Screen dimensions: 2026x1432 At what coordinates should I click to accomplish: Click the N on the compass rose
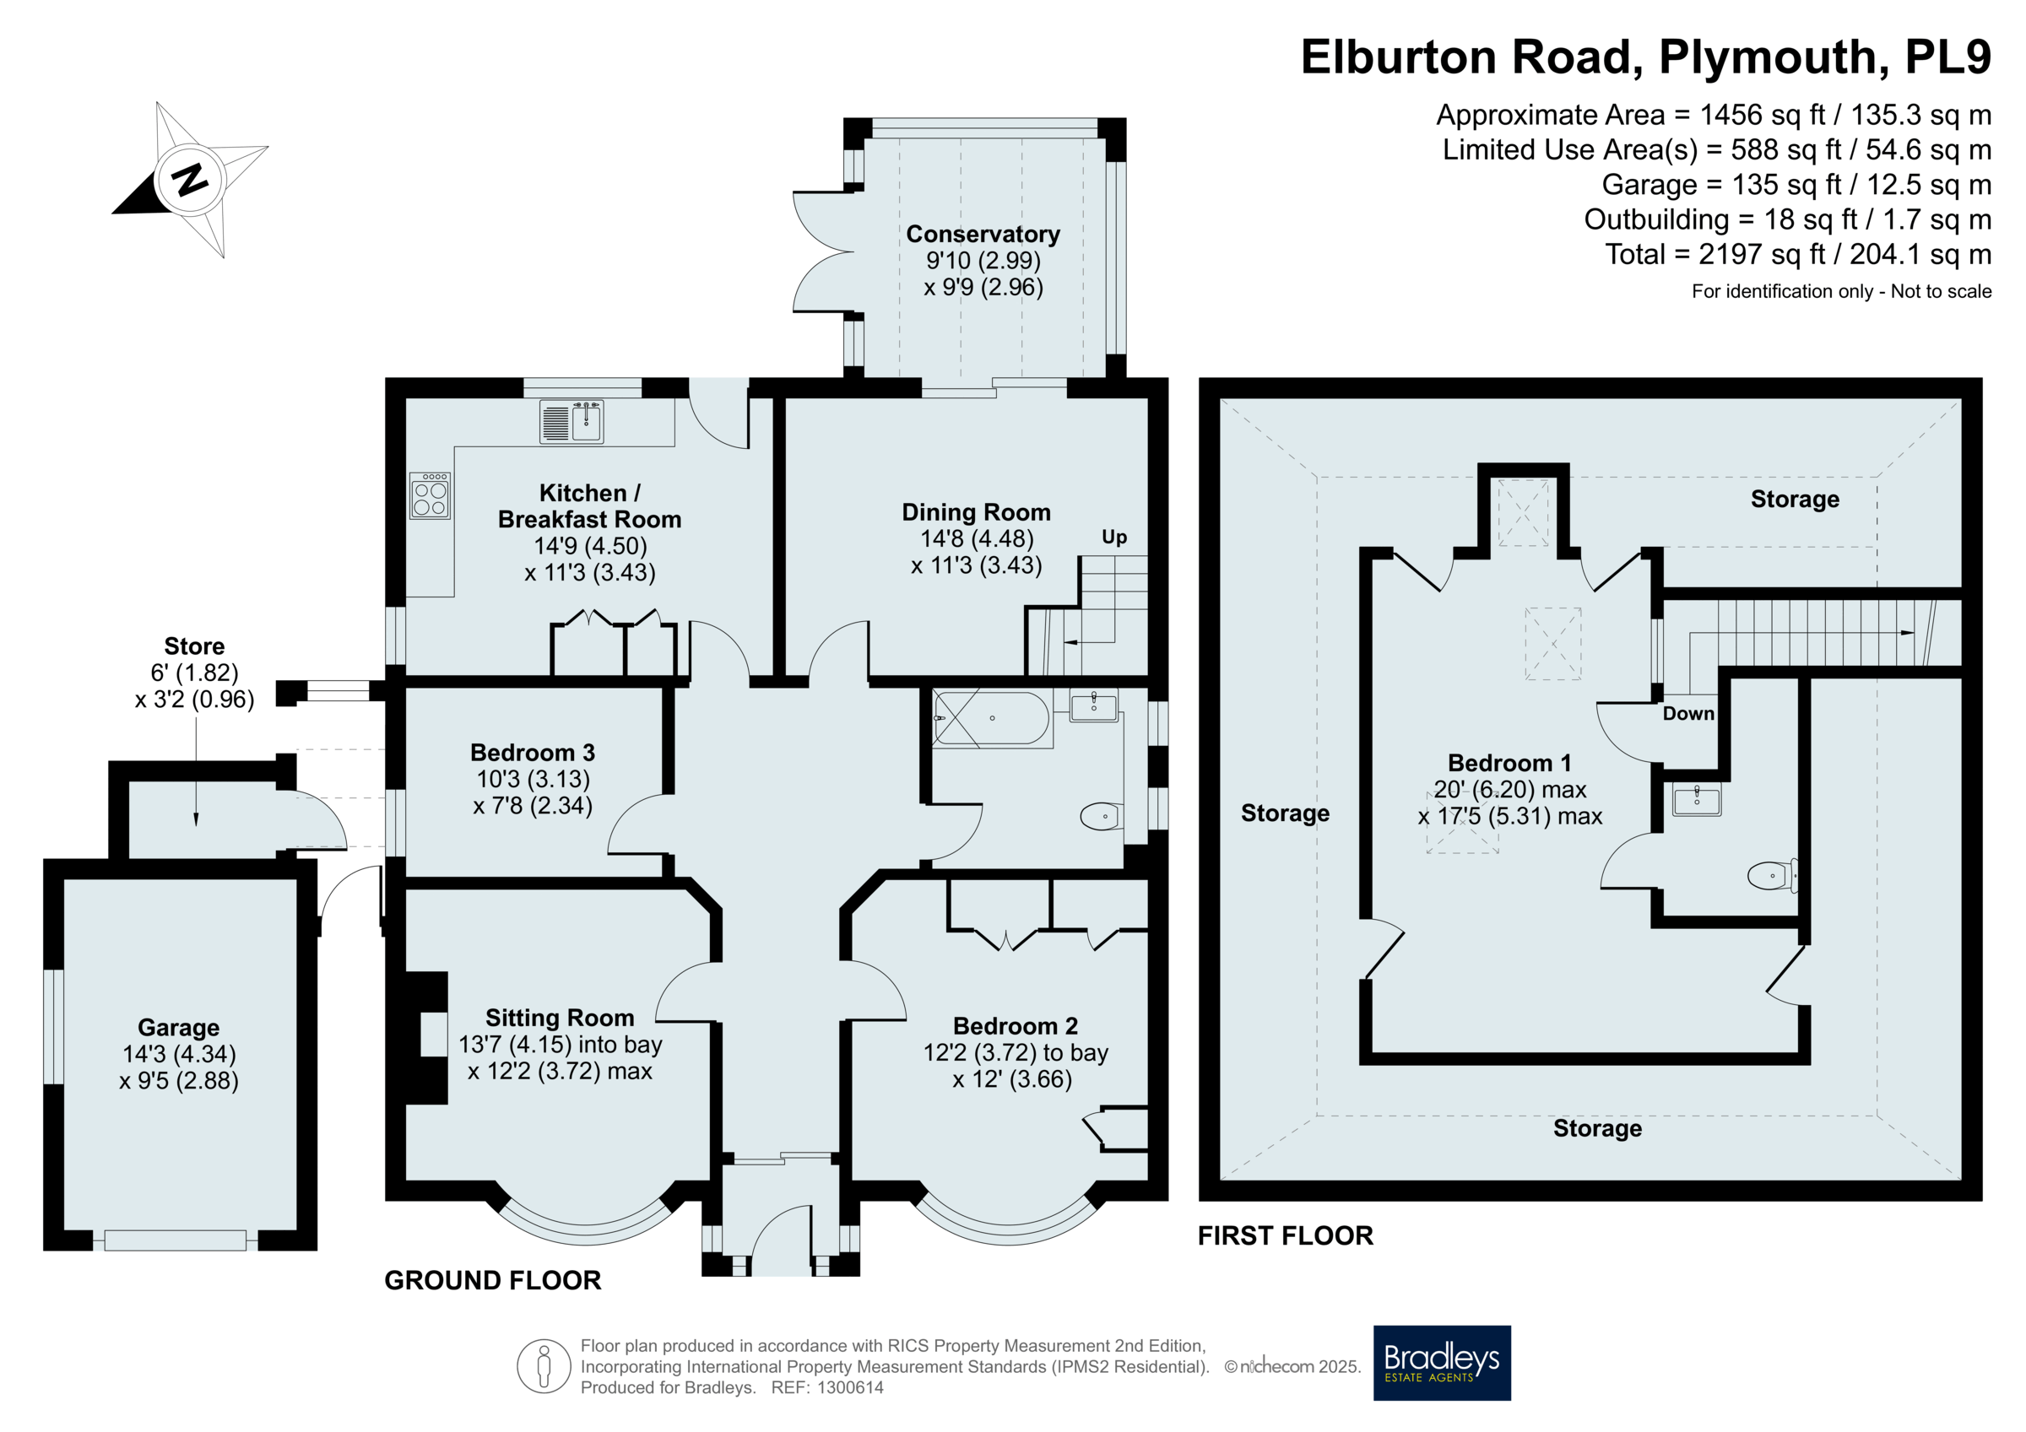coord(191,180)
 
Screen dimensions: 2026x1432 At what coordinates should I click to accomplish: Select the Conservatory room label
coord(983,234)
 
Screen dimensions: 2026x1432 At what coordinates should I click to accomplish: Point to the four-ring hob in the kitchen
coord(430,495)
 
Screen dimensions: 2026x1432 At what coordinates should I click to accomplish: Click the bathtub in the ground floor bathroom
coord(992,718)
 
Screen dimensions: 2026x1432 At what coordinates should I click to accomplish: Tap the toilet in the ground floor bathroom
coord(1102,816)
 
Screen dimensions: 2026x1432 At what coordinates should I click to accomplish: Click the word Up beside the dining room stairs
coord(1114,537)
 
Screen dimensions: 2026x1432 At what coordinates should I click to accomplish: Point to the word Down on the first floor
coord(1688,713)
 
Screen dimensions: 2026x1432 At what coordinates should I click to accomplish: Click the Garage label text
coord(179,1028)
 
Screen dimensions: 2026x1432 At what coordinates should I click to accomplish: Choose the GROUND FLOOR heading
coord(492,1280)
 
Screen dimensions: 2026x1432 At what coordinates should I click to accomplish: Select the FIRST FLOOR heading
coord(1285,1235)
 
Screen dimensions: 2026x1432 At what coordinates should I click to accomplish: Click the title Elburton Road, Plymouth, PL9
coord(1645,57)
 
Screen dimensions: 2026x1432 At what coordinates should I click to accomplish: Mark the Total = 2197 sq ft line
coord(1797,254)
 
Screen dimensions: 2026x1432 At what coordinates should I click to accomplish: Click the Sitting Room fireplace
coord(426,1038)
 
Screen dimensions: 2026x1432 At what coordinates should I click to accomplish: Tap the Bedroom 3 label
coord(532,753)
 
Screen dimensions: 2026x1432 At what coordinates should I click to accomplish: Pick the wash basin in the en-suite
coord(1696,799)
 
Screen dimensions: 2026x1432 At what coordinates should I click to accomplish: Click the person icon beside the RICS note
coord(544,1366)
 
